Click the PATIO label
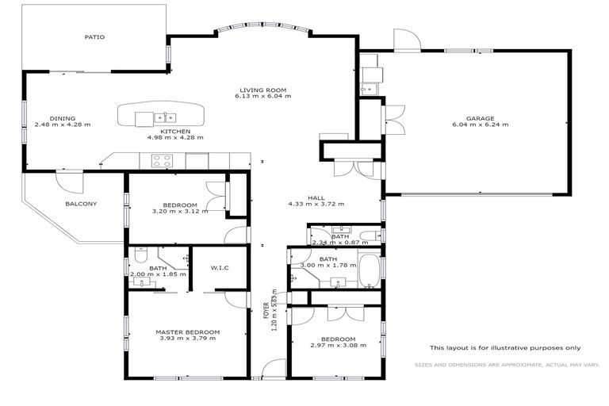click(x=95, y=36)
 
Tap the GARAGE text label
click(x=480, y=118)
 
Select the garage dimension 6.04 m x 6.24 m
click(x=480, y=125)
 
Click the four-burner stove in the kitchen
click(x=163, y=160)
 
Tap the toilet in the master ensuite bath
click(x=140, y=255)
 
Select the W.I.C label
click(x=220, y=268)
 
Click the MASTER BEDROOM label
click(x=187, y=331)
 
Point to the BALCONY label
click(x=81, y=204)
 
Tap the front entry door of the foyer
click(x=274, y=368)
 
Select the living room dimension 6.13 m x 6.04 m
click(x=262, y=97)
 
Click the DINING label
click(x=63, y=118)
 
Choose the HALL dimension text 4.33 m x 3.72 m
click(x=316, y=204)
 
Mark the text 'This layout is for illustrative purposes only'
click(x=505, y=347)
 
